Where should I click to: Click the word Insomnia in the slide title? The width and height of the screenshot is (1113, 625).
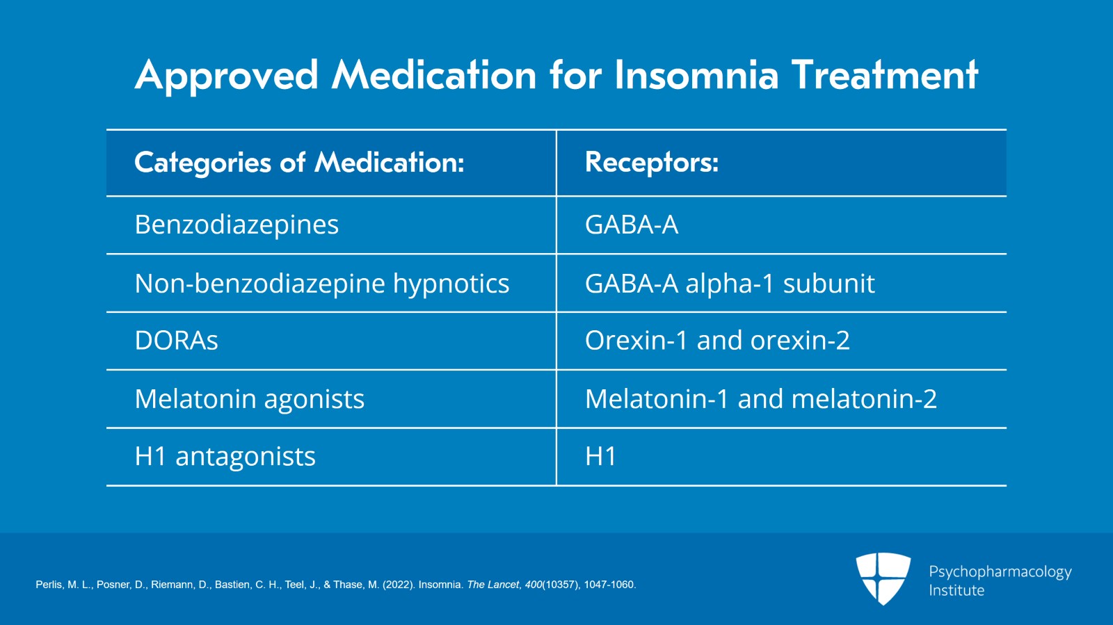tap(696, 75)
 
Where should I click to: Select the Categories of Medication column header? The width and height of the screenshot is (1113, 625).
tap(299, 163)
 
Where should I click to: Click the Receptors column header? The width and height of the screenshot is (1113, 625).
tap(652, 163)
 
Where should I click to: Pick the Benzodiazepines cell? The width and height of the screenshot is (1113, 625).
tap(237, 225)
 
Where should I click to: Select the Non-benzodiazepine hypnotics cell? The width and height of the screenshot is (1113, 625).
tap(322, 284)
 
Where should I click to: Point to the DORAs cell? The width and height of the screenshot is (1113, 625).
tap(177, 341)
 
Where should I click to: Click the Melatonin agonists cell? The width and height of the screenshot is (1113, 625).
tap(249, 399)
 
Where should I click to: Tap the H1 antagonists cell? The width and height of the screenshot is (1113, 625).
tap(225, 457)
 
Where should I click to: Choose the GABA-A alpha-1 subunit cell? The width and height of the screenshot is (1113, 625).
tap(730, 284)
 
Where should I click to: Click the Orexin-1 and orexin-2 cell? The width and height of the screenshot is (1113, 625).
tap(717, 341)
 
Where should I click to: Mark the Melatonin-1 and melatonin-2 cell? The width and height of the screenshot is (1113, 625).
tap(761, 399)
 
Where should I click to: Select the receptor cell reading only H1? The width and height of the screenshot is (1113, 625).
tap(601, 457)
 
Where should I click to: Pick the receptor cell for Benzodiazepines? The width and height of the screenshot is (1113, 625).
tap(632, 225)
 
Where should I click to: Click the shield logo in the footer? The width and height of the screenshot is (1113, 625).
tap(883, 578)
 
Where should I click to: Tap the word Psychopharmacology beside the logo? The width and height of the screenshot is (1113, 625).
tap(1000, 571)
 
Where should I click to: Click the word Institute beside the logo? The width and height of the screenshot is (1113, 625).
tap(956, 590)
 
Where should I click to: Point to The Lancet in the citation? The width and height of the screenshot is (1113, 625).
tap(493, 585)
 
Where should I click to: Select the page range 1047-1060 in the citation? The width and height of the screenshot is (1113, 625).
tap(609, 585)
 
